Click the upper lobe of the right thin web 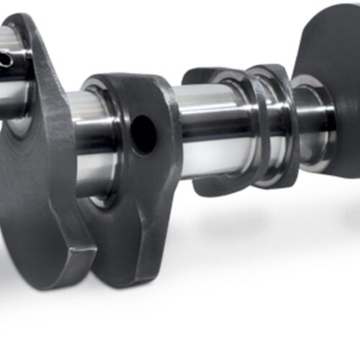pos(268,72)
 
